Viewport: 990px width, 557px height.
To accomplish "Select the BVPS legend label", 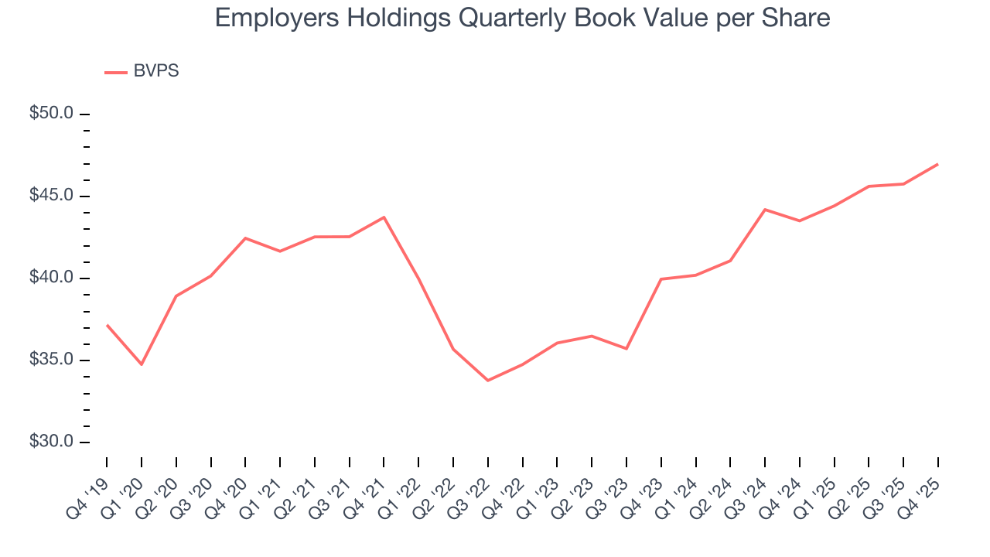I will (156, 71).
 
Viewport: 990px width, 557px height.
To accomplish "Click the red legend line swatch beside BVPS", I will (116, 72).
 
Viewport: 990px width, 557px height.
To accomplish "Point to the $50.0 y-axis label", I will (51, 113).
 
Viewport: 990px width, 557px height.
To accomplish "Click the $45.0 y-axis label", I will (51, 196).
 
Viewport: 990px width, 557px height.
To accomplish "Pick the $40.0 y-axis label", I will (51, 278).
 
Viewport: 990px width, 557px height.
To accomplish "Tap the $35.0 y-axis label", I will (51, 360).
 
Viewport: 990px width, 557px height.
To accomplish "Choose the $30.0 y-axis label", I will (51, 442).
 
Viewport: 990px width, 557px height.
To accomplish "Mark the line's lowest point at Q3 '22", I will (487, 381).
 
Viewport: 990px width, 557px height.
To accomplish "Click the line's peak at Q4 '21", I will (384, 217).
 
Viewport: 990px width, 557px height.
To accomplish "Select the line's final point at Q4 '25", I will (937, 164).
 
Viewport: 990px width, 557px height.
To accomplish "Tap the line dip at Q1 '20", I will (142, 364).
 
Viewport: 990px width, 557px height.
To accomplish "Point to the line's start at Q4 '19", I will (107, 325).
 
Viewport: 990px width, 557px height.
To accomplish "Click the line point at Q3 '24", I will (765, 210).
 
